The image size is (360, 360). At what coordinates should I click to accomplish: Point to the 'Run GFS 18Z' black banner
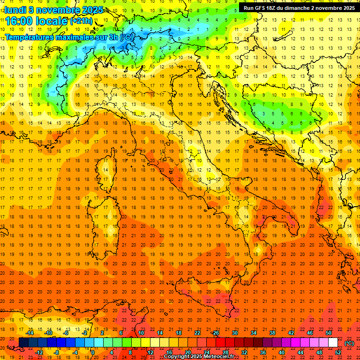299,7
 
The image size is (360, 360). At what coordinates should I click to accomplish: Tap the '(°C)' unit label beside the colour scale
349,343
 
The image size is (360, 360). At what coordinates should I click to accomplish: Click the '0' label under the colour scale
93,352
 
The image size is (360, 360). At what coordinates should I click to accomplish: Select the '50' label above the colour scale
329,333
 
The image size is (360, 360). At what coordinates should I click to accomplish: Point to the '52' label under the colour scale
337,352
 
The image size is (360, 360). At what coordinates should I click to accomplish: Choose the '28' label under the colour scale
225,352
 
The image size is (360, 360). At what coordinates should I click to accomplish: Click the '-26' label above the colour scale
215,333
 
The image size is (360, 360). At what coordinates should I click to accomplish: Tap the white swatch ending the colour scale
333,343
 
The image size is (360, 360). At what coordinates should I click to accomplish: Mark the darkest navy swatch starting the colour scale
23,343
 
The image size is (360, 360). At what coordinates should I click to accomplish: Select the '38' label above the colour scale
272,333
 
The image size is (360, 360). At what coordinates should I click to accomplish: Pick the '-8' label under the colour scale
57,352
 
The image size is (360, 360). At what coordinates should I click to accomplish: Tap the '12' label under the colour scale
150,352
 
